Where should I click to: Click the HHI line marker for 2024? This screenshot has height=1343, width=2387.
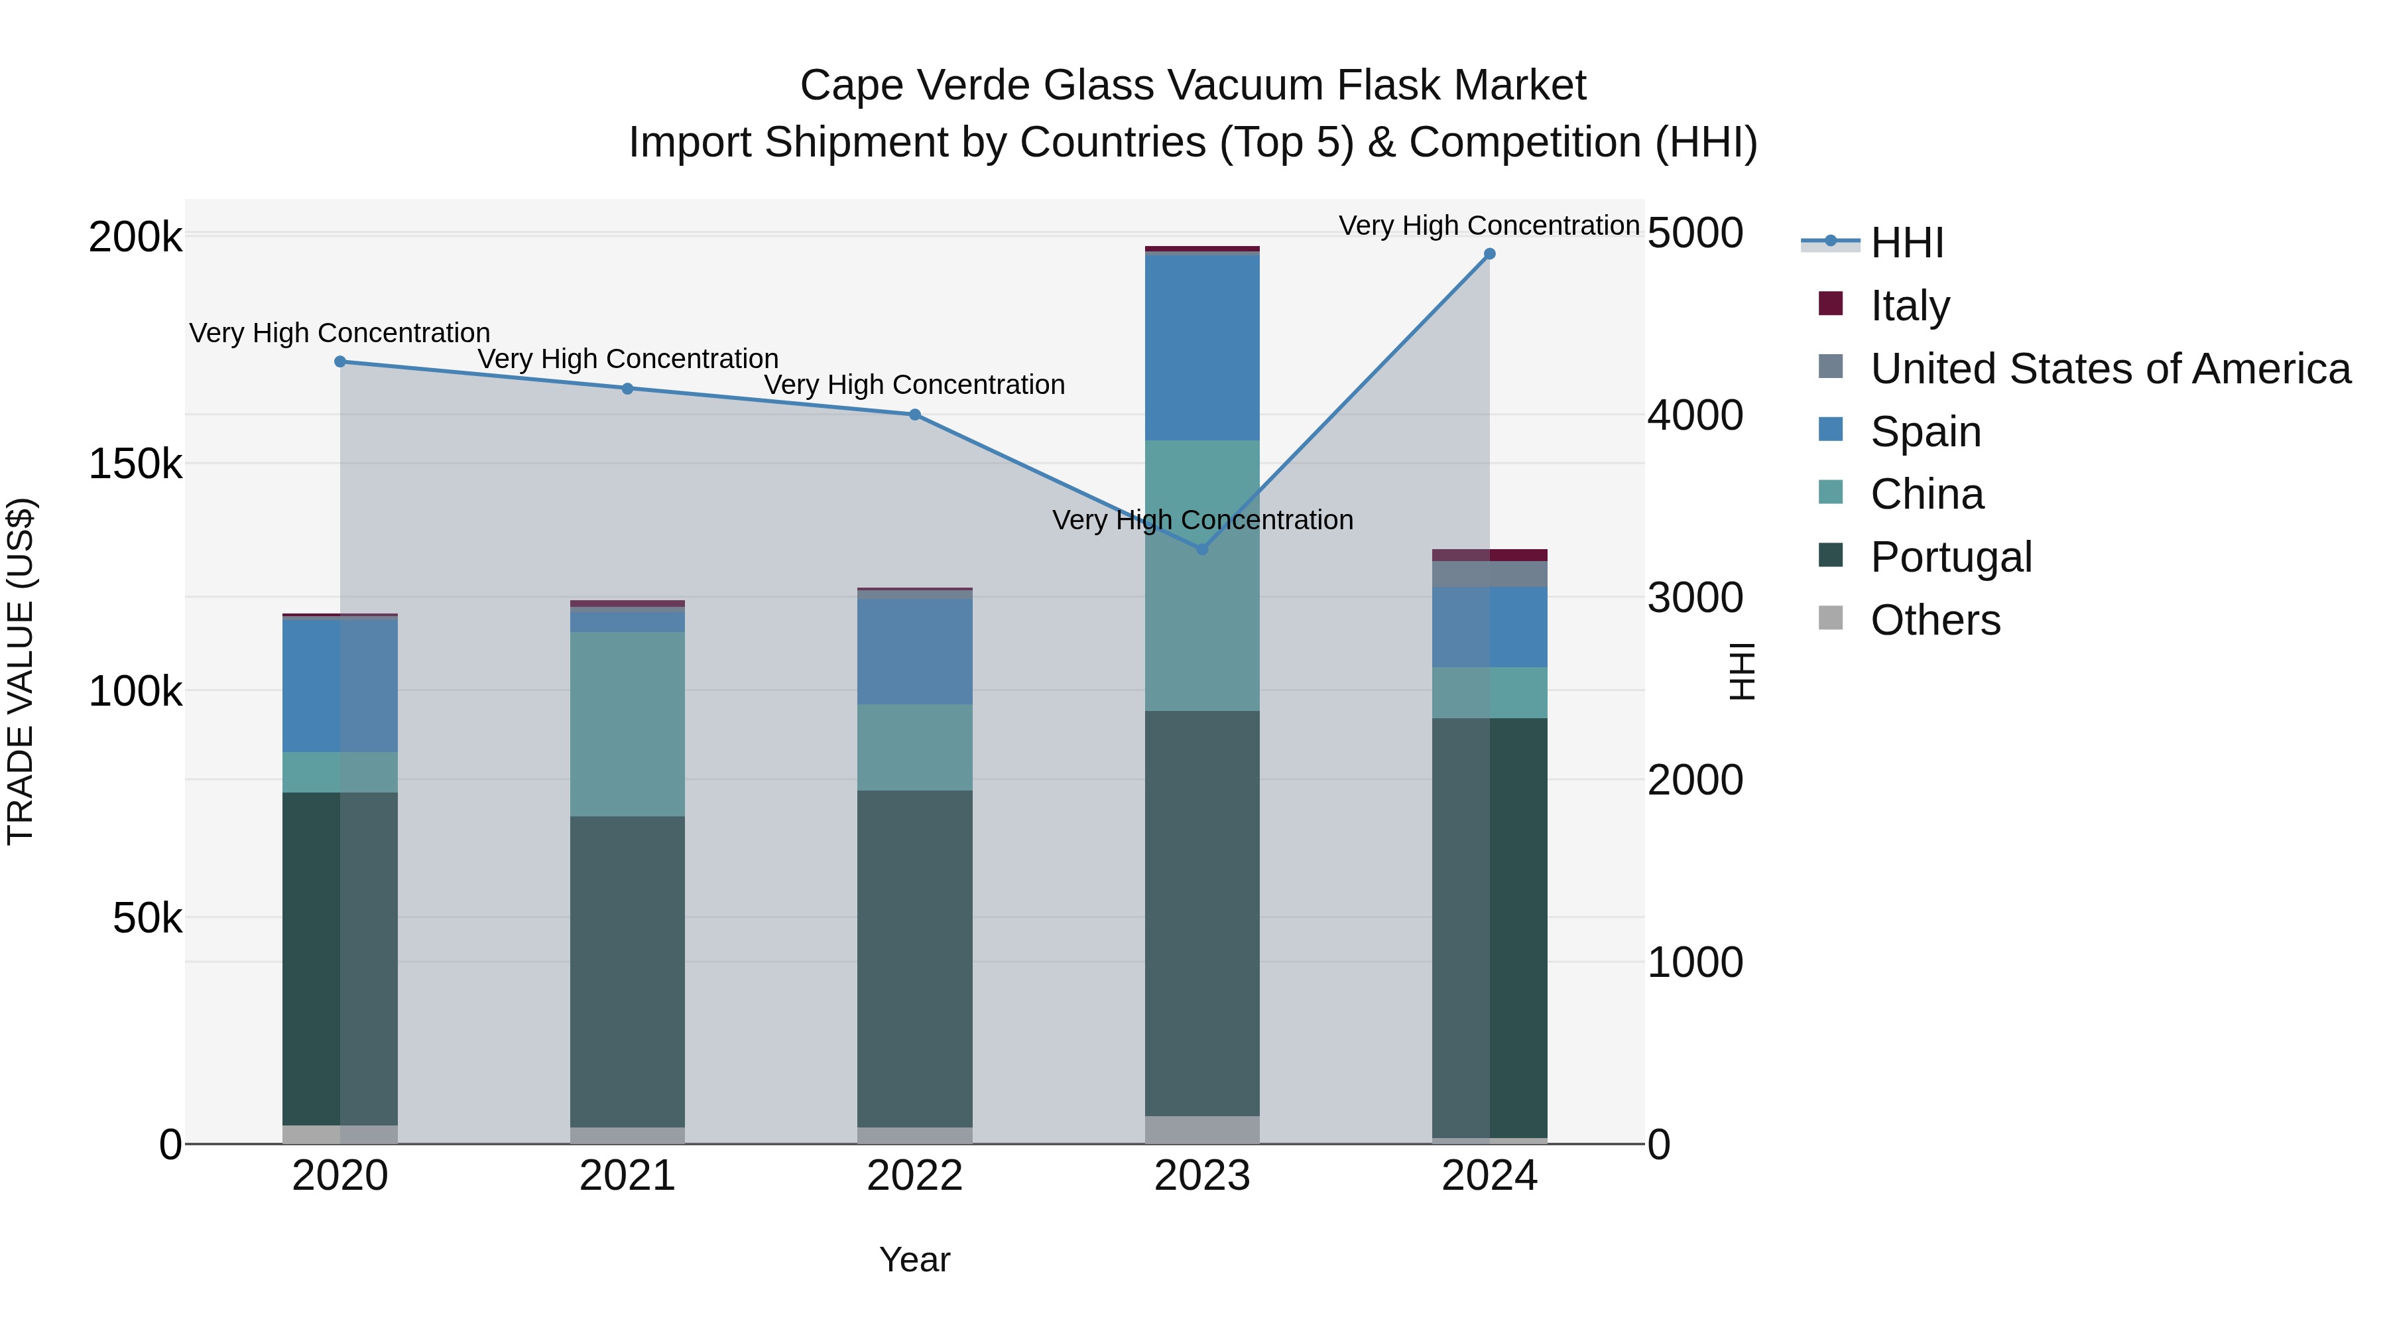pos(1489,254)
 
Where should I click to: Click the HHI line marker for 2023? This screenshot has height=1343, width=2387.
pos(1202,548)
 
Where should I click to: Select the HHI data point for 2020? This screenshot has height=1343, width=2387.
pos(340,361)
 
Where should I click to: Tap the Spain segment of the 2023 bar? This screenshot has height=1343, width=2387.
pos(1202,348)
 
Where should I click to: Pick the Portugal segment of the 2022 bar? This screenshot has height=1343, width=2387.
pos(914,958)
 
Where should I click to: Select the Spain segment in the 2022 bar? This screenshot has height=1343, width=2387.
pos(914,651)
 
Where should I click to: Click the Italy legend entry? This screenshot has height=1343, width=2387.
pos(1909,306)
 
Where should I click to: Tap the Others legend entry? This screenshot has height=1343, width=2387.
pos(1934,620)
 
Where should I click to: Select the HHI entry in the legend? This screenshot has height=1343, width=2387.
pos(1906,243)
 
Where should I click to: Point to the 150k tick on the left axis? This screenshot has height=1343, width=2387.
pos(135,464)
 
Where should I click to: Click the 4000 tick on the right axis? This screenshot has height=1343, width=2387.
pos(1695,415)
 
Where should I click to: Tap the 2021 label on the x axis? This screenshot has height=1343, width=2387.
pos(627,1176)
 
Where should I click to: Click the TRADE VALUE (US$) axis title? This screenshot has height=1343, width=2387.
pos(21,671)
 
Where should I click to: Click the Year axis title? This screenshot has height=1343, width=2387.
pos(914,1259)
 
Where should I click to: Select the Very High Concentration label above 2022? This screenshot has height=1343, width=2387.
pos(914,385)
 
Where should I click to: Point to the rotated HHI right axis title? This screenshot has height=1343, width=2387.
pos(1742,671)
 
